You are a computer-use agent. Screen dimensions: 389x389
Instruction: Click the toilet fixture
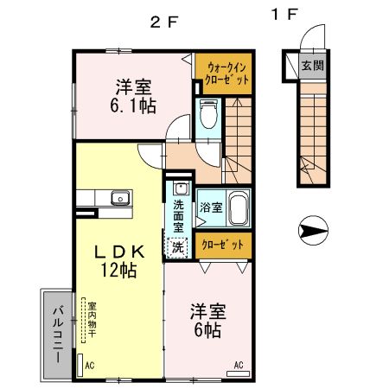click(207, 114)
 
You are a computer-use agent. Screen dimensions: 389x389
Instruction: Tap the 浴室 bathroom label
click(210, 207)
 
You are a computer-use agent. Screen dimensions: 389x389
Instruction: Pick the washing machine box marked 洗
click(177, 247)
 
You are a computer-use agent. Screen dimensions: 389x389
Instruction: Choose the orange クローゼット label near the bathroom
click(222, 245)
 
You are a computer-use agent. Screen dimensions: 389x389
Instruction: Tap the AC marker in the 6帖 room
click(239, 364)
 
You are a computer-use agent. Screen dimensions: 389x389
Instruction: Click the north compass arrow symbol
click(312, 230)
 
